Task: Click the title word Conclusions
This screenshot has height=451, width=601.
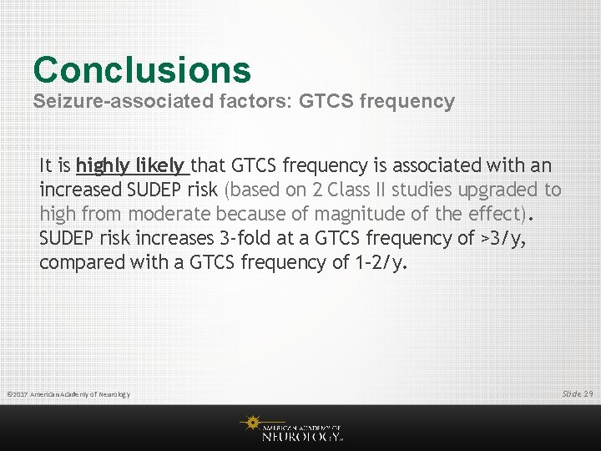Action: [x=142, y=70]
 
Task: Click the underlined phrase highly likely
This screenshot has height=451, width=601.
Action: [x=131, y=165]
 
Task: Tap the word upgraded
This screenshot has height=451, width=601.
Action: [x=507, y=190]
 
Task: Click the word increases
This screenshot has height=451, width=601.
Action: [x=159, y=238]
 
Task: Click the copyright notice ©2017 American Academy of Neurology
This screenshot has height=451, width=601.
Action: [x=68, y=394]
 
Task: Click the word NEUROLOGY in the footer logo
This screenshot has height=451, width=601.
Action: [x=301, y=435]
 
